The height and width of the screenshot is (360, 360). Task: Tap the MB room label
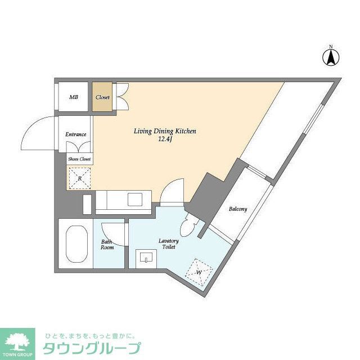coord(74,97)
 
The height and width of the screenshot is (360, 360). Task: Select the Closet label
coord(102,97)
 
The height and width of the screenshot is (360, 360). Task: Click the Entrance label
coord(76,134)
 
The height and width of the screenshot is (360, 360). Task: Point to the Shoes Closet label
coord(80,159)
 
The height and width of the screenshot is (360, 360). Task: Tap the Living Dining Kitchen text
coord(164,131)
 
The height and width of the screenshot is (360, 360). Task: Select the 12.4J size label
coord(165,141)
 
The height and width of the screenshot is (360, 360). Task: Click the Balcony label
coord(238,209)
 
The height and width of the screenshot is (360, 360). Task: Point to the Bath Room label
coord(107,245)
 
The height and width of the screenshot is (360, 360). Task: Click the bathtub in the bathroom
coord(75,245)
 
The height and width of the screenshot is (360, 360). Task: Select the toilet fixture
coord(188,228)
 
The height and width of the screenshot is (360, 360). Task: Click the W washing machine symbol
coord(199,272)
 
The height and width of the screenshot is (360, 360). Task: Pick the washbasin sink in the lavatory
coord(148,259)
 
